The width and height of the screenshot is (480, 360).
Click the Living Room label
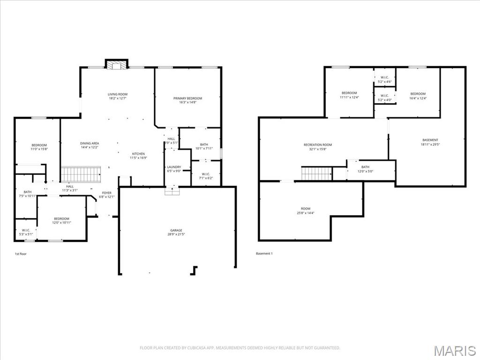118,94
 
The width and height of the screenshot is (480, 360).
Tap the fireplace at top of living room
116,65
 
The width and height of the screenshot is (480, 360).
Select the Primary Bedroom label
187,98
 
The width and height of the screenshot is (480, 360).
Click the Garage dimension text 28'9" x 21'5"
176,234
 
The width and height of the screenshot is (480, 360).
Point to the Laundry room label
174,167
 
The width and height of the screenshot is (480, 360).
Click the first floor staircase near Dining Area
81,174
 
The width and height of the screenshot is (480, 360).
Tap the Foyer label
107,193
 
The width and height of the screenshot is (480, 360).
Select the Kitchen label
138,154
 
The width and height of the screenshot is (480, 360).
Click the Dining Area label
89,143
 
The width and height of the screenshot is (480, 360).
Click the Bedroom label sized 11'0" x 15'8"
39,145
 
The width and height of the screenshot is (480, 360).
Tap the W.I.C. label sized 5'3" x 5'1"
25,230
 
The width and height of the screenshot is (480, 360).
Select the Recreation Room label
317,145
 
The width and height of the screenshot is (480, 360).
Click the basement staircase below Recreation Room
316,174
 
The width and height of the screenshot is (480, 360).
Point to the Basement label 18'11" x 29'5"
430,140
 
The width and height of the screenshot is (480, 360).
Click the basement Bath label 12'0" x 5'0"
365,167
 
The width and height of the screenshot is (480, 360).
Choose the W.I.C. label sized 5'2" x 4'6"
384,77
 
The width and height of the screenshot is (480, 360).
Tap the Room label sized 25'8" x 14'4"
305,209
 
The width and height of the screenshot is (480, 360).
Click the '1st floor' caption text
21,254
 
